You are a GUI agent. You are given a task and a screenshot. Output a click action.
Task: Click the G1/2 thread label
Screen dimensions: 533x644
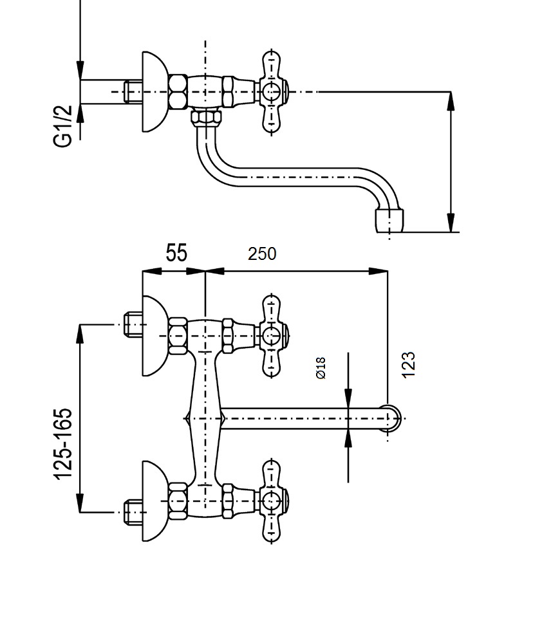tap(63, 125)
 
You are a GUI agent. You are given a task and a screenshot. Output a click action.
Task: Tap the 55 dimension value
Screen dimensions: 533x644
tap(176, 253)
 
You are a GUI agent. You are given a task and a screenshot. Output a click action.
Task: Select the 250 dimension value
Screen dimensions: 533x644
tap(262, 254)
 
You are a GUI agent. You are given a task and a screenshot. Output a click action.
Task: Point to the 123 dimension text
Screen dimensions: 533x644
tap(408, 365)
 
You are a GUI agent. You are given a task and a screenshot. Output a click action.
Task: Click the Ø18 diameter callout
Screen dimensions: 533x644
tap(321, 367)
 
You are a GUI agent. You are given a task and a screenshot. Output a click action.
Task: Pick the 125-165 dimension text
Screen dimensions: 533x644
tap(63, 444)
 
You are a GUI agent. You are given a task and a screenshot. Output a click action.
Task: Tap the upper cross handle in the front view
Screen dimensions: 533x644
tap(272, 336)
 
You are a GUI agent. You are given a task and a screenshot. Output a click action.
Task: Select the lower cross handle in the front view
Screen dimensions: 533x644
tap(272, 501)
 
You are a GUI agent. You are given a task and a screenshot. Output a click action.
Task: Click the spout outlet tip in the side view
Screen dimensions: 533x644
tap(389, 221)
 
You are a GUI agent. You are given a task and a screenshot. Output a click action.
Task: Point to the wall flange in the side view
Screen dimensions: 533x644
tap(155, 91)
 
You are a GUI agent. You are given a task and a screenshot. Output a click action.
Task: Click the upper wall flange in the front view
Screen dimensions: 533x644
tap(155, 336)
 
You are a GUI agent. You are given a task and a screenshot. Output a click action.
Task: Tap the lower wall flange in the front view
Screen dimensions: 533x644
tap(155, 501)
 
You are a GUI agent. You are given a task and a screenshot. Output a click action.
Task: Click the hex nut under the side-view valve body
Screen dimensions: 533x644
tap(206, 118)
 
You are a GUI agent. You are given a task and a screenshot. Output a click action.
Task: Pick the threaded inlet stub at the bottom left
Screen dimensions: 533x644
tap(133, 512)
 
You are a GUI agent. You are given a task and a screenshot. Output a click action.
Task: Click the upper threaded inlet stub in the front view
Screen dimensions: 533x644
tap(133, 325)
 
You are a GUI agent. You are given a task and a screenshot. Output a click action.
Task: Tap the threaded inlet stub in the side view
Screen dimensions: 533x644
tap(133, 91)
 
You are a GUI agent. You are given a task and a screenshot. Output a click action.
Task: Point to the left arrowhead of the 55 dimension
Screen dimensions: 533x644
tap(151, 271)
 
